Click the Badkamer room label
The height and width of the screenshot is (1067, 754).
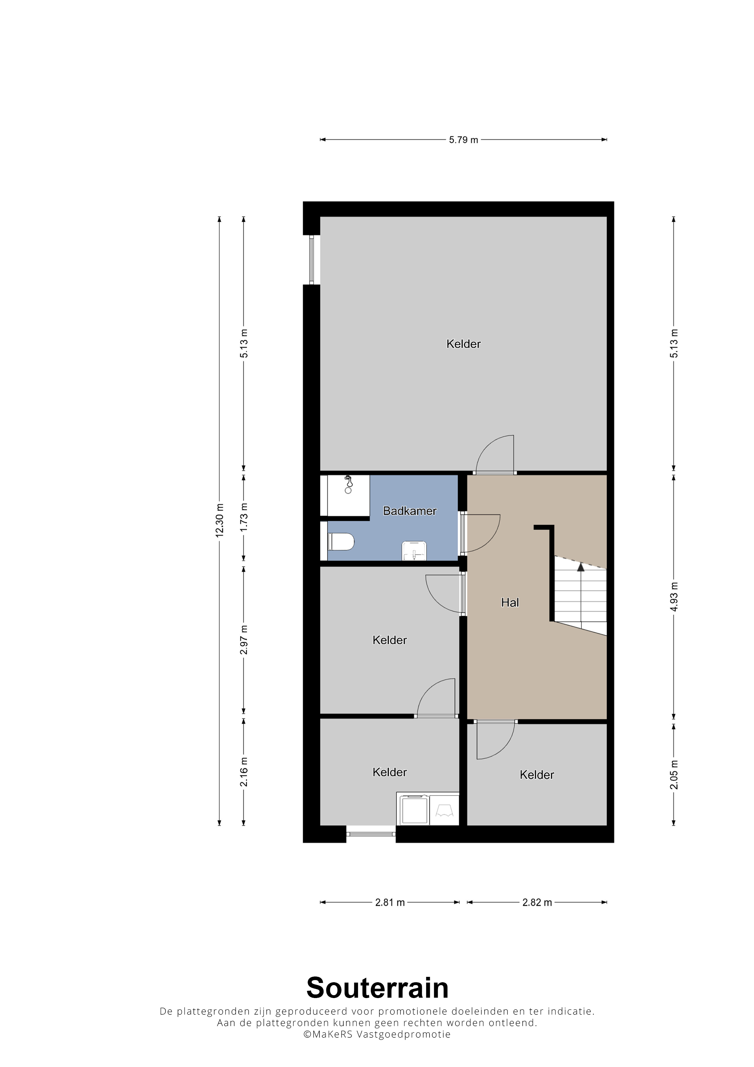click(x=409, y=511)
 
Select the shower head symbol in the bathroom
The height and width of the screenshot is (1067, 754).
click(x=348, y=484)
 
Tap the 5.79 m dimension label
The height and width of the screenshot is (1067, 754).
click(x=463, y=140)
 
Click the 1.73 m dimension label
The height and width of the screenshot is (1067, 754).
click(x=244, y=517)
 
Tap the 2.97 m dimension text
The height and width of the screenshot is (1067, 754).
click(x=244, y=640)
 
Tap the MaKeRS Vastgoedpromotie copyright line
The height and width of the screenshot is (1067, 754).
click(x=377, y=1034)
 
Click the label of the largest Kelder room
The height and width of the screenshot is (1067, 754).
click(x=463, y=344)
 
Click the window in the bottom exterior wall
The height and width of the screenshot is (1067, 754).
click(x=371, y=834)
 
